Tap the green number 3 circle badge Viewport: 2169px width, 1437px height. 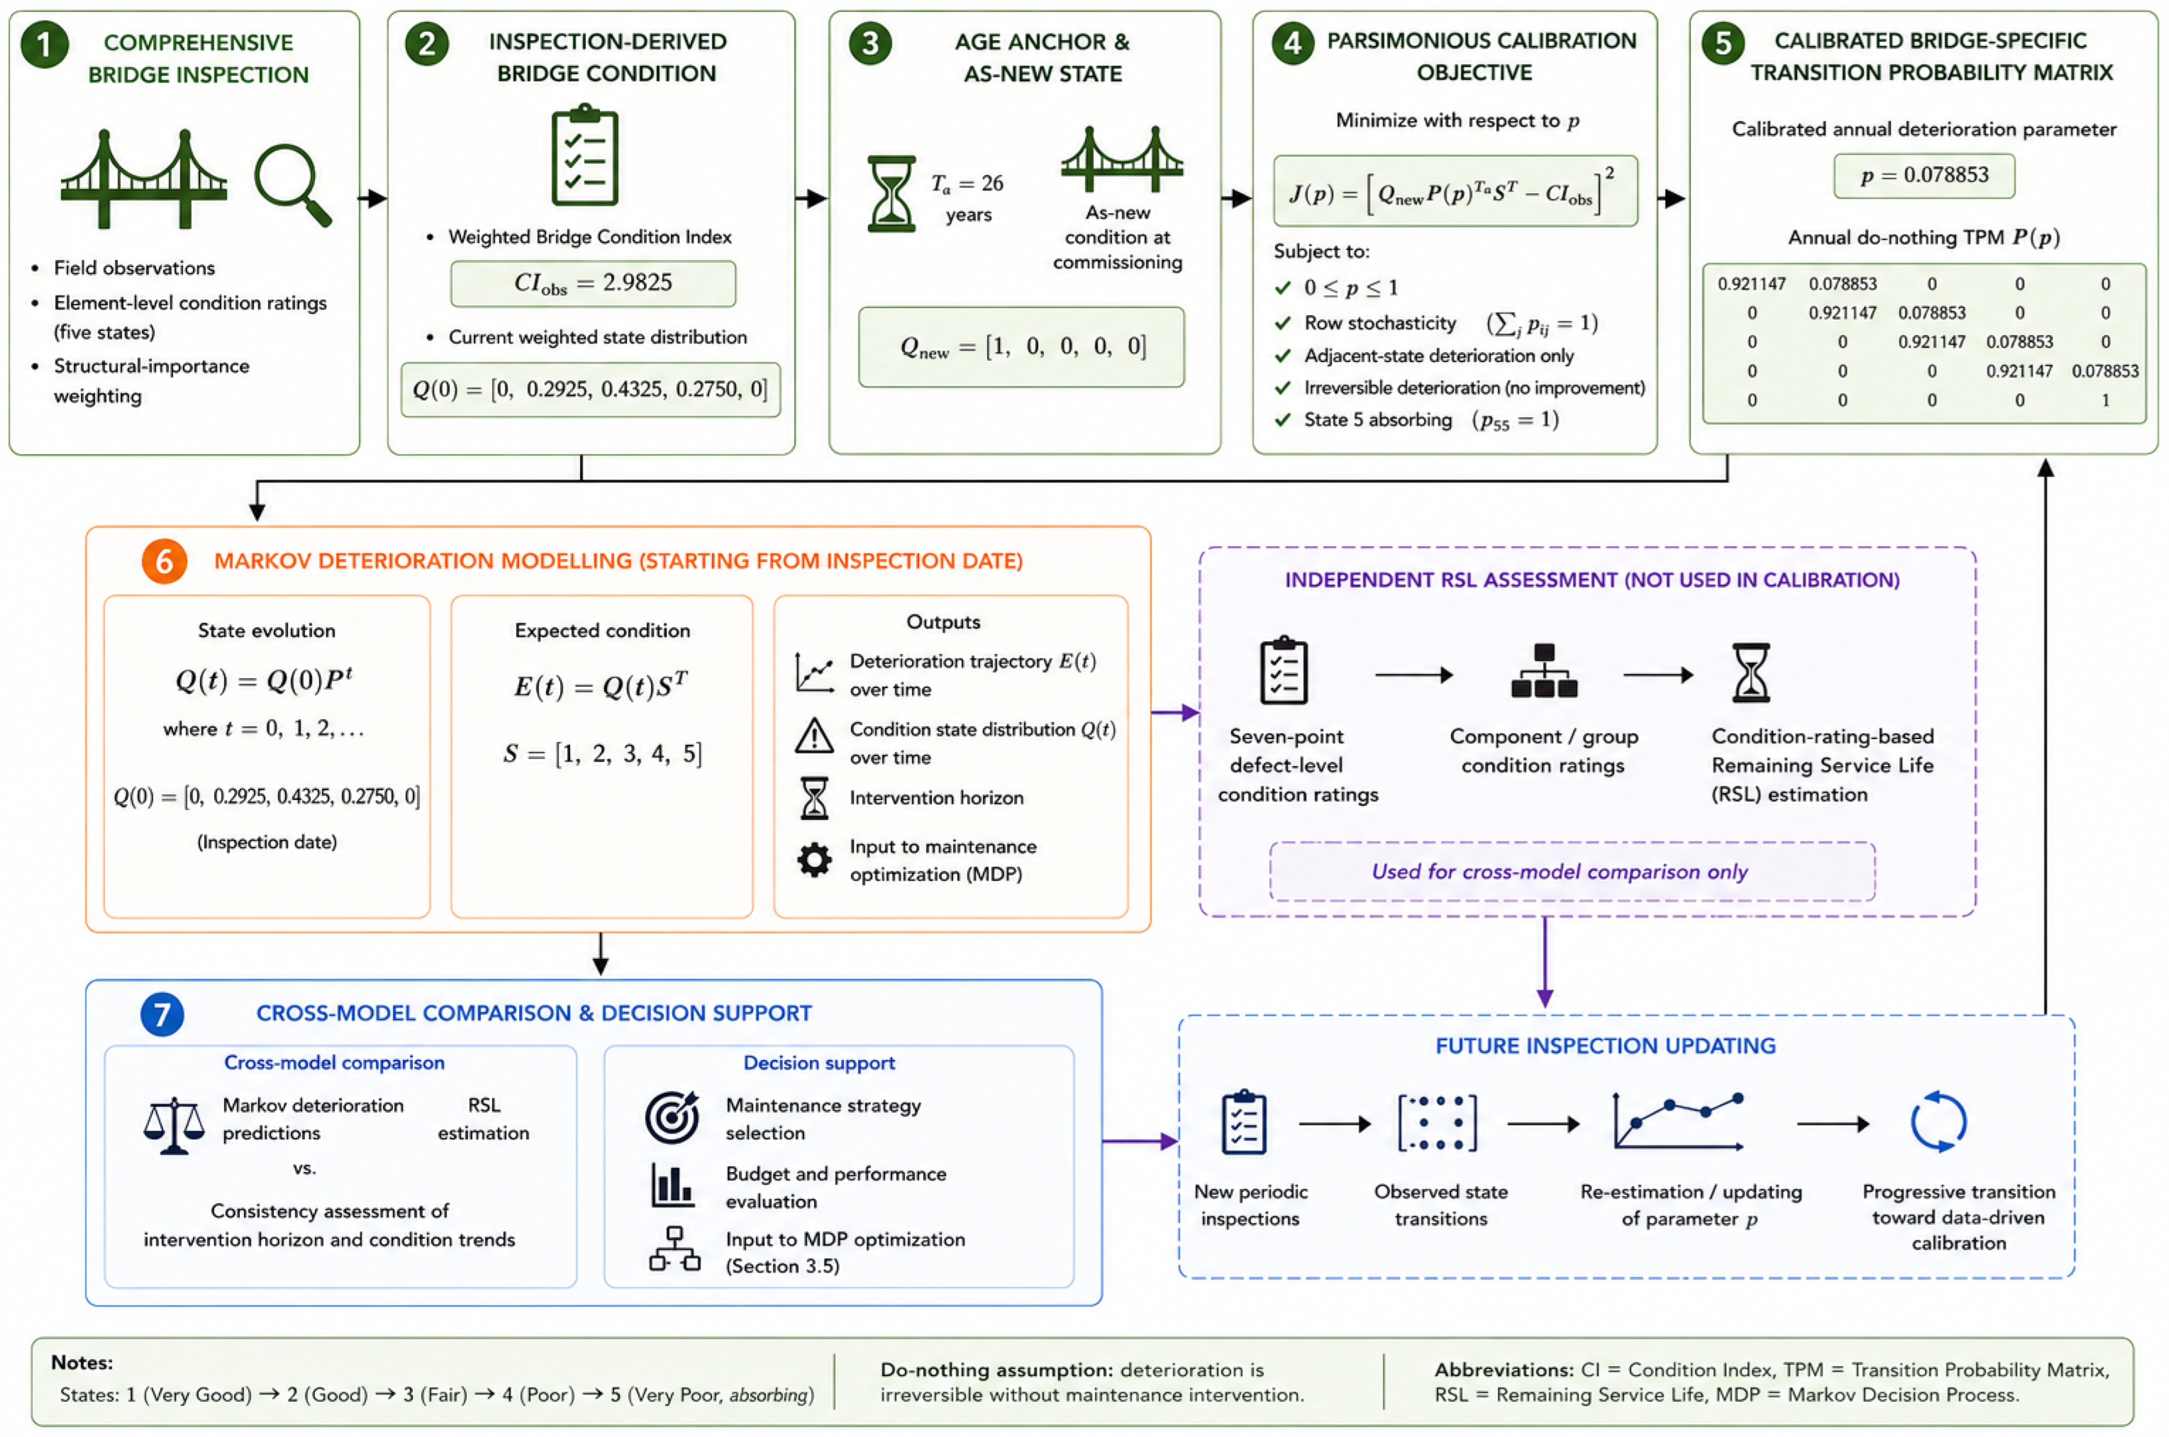(870, 43)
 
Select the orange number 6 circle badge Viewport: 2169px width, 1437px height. (164, 561)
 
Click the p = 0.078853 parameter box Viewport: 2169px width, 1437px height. (1923, 175)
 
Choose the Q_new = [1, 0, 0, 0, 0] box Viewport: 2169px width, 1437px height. (1021, 346)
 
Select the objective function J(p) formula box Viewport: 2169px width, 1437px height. (1455, 192)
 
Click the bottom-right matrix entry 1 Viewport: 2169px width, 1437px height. (2105, 401)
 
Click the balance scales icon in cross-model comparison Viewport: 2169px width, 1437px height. (173, 1126)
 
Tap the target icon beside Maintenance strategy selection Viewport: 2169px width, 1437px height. (672, 1117)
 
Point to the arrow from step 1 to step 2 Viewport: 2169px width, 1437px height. (372, 198)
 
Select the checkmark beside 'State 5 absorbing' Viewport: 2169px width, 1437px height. (1282, 420)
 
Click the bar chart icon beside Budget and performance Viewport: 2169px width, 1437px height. (672, 1185)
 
